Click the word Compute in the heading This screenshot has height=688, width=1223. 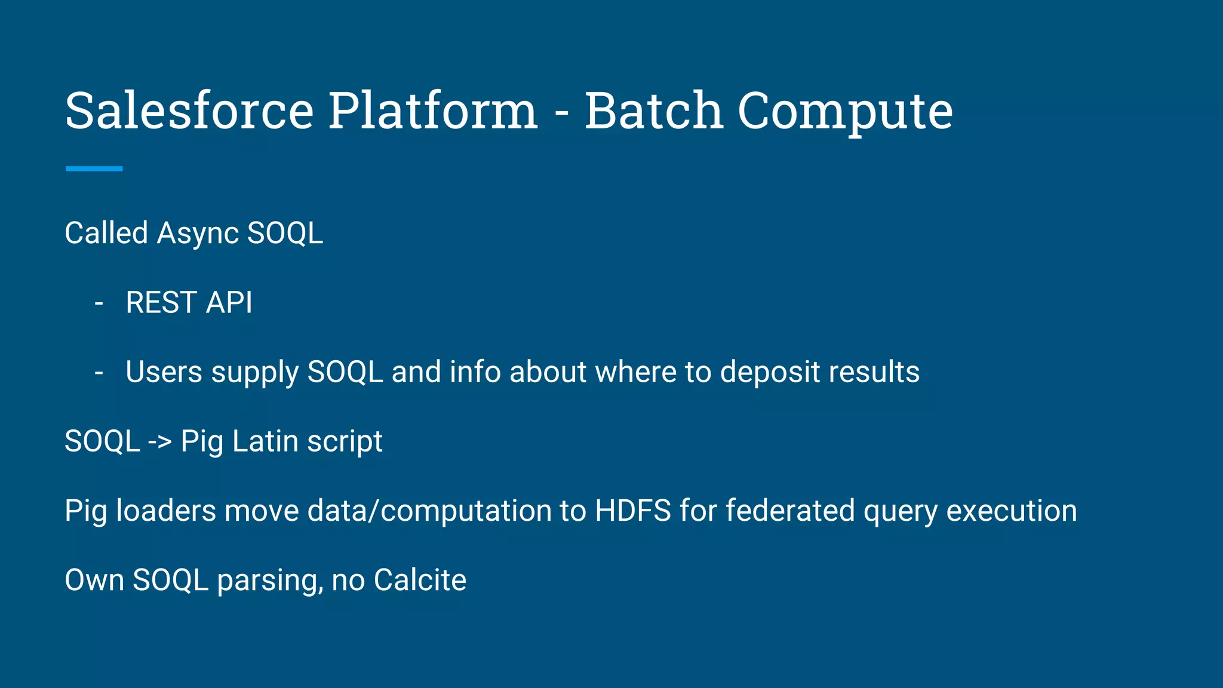click(845, 112)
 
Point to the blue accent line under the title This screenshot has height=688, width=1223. click(94, 169)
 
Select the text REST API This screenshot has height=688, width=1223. click(189, 303)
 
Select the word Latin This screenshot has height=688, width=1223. click(265, 442)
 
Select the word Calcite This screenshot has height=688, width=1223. click(420, 580)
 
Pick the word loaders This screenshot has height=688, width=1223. click(165, 511)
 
